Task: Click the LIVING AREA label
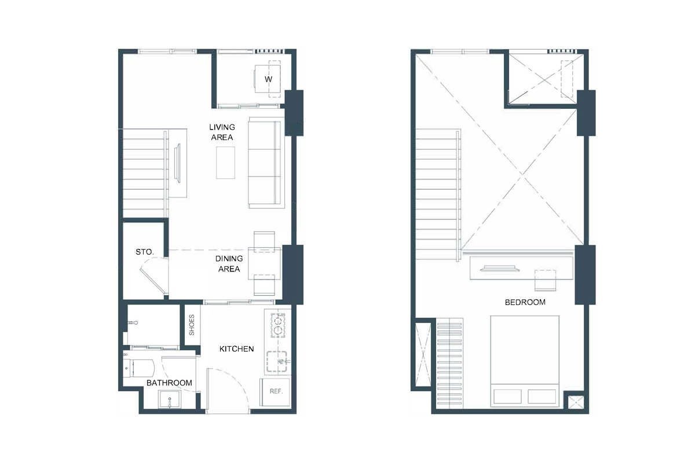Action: click(222, 132)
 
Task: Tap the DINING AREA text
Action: click(228, 264)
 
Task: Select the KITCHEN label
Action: click(236, 349)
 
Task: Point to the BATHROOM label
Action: click(169, 383)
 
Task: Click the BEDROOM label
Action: click(525, 302)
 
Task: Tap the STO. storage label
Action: click(144, 252)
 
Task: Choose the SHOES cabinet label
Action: click(192, 325)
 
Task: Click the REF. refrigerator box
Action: click(276, 391)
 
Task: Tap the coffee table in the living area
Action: click(226, 163)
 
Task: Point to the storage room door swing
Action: click(154, 277)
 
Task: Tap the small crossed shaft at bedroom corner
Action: click(575, 403)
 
